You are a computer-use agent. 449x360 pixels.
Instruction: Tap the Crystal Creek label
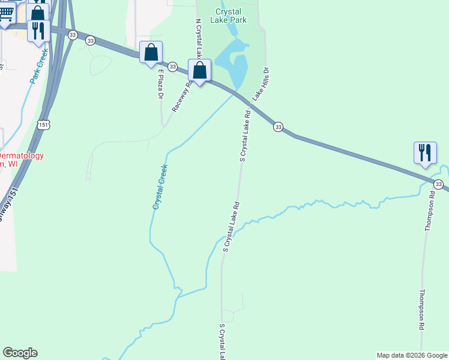click(160, 187)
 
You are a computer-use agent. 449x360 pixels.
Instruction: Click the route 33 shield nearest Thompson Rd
click(439, 184)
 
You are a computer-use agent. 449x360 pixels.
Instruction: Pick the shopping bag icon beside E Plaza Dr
click(151, 52)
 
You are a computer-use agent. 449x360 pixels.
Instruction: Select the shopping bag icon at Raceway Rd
click(199, 71)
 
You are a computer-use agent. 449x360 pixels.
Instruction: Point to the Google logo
click(20, 353)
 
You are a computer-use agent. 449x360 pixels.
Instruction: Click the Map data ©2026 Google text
click(412, 355)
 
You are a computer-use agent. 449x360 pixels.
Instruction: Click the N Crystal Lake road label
click(199, 38)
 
